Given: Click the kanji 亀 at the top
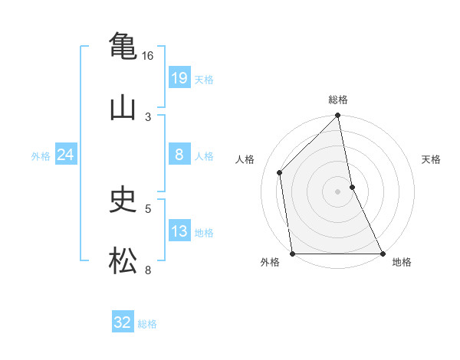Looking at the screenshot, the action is [123, 45].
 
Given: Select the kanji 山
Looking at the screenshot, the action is [123, 107].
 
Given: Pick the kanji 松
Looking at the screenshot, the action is [123, 261].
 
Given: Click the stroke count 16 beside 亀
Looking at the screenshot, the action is [147, 56].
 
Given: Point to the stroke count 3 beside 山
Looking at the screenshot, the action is [148, 116].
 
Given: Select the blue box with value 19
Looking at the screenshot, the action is [179, 78].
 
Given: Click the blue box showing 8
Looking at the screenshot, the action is [179, 155].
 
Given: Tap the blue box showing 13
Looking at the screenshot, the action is [179, 231].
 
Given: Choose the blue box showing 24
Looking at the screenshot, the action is [65, 155].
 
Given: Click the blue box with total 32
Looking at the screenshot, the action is [122, 322].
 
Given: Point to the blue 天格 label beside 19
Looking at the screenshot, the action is [204, 80].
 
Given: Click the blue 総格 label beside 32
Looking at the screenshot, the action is [147, 324].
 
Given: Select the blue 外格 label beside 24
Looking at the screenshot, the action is [41, 156].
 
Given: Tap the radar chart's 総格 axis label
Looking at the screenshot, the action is [338, 100].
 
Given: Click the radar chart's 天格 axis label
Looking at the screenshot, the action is [432, 159].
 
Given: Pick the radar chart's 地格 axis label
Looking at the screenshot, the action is [402, 262].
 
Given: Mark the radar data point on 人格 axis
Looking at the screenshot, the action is [280, 172].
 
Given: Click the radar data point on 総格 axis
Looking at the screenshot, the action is [338, 116].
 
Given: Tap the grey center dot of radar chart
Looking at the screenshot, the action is [338, 191].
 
